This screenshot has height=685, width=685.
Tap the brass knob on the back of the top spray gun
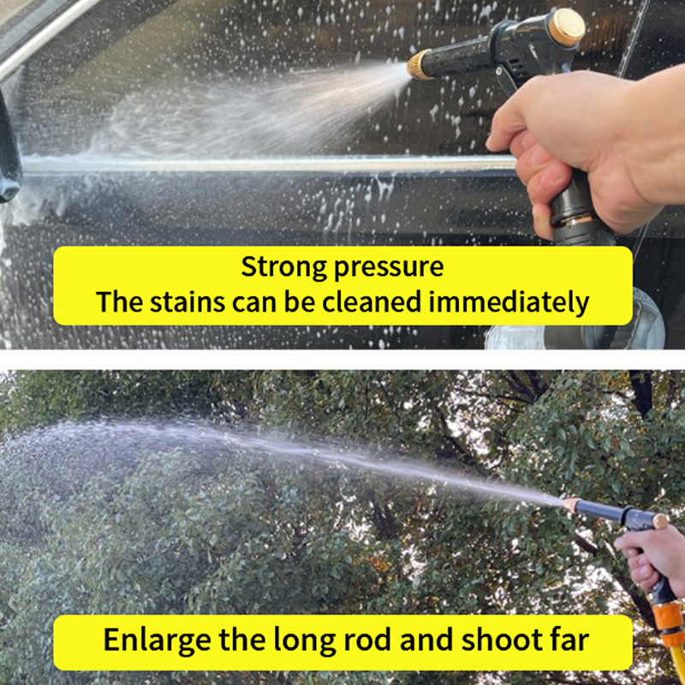(566, 27)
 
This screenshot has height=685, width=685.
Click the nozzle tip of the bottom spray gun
(570, 504)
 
